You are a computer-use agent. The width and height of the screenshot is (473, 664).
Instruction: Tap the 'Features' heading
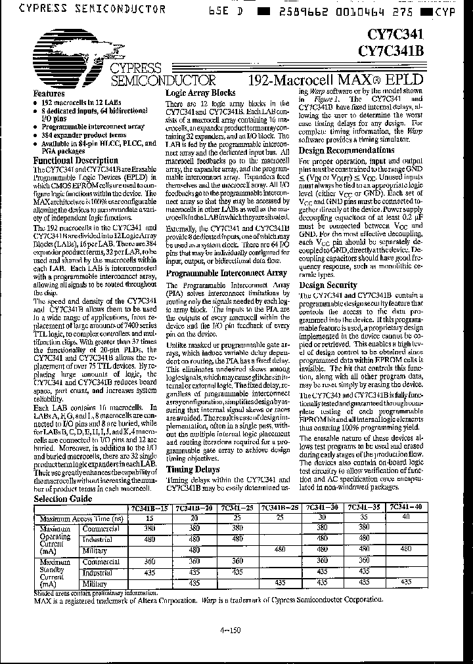pos(49,94)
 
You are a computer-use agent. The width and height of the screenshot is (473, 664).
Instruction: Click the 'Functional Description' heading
pos(76,160)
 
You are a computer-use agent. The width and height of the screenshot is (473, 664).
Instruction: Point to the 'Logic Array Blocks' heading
pos(200,93)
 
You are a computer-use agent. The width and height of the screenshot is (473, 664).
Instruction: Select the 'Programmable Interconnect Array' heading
pos(226,272)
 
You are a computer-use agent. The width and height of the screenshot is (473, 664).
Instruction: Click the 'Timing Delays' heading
pos(193,470)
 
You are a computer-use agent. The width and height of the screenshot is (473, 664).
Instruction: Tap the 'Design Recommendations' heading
pos(346,150)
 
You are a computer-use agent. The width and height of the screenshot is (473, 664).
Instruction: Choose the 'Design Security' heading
pos(328,285)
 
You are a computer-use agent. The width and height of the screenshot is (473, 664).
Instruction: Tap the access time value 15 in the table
pos(148,518)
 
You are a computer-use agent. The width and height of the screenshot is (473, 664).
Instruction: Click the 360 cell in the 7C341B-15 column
pos(148,561)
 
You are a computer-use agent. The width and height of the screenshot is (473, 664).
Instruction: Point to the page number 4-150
pos(232,631)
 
